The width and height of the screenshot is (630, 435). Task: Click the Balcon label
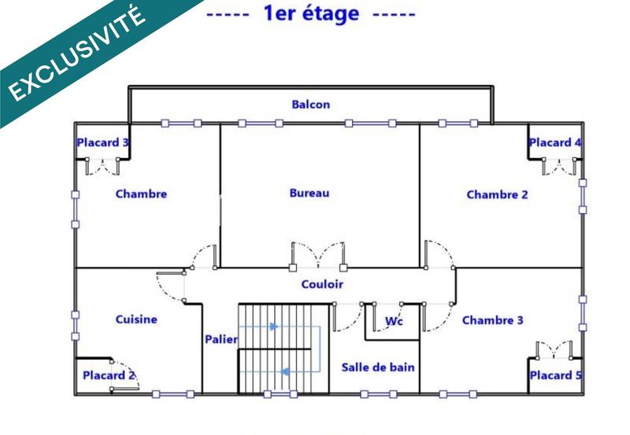[310, 104]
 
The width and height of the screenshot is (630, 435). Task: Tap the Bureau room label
[309, 193]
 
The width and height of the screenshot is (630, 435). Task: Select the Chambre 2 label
[497, 194]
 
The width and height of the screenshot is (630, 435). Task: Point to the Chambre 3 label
[492, 320]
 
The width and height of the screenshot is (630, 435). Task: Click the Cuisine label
[136, 319]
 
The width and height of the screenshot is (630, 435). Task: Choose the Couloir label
[322, 284]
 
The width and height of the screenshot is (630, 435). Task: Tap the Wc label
[394, 321]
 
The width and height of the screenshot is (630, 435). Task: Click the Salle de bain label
[378, 367]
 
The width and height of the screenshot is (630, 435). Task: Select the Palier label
[220, 339]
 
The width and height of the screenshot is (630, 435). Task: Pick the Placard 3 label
[103, 142]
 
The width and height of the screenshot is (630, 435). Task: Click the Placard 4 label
[555, 142]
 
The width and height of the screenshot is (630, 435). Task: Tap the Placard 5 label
[555, 375]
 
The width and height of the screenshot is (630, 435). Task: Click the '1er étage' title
[310, 13]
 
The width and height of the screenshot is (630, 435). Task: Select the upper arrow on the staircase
[272, 326]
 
